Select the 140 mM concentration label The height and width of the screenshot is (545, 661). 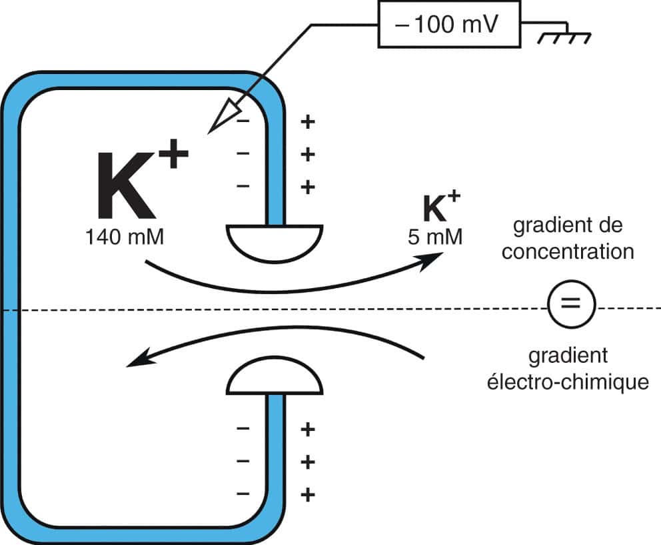[x=125, y=236]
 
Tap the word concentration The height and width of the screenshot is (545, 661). [x=568, y=253]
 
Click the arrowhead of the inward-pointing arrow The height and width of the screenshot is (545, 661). [x=135, y=360]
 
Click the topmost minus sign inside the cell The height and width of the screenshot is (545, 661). [x=243, y=122]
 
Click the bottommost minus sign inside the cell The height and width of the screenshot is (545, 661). [x=243, y=494]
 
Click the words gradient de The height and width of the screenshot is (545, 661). [x=568, y=226]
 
